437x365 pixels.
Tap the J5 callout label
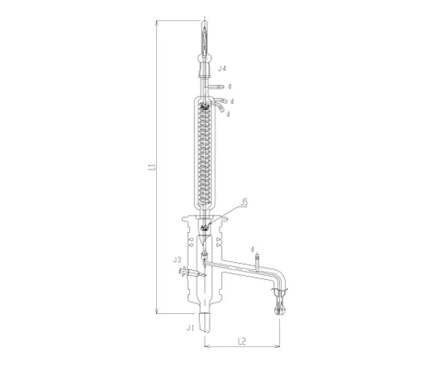(x=245, y=202)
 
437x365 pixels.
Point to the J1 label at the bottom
(x=189, y=328)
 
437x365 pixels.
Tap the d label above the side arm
(x=253, y=248)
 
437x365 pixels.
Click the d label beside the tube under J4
(x=230, y=85)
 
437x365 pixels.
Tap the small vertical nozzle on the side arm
(x=257, y=261)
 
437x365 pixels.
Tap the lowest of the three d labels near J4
(x=230, y=114)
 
